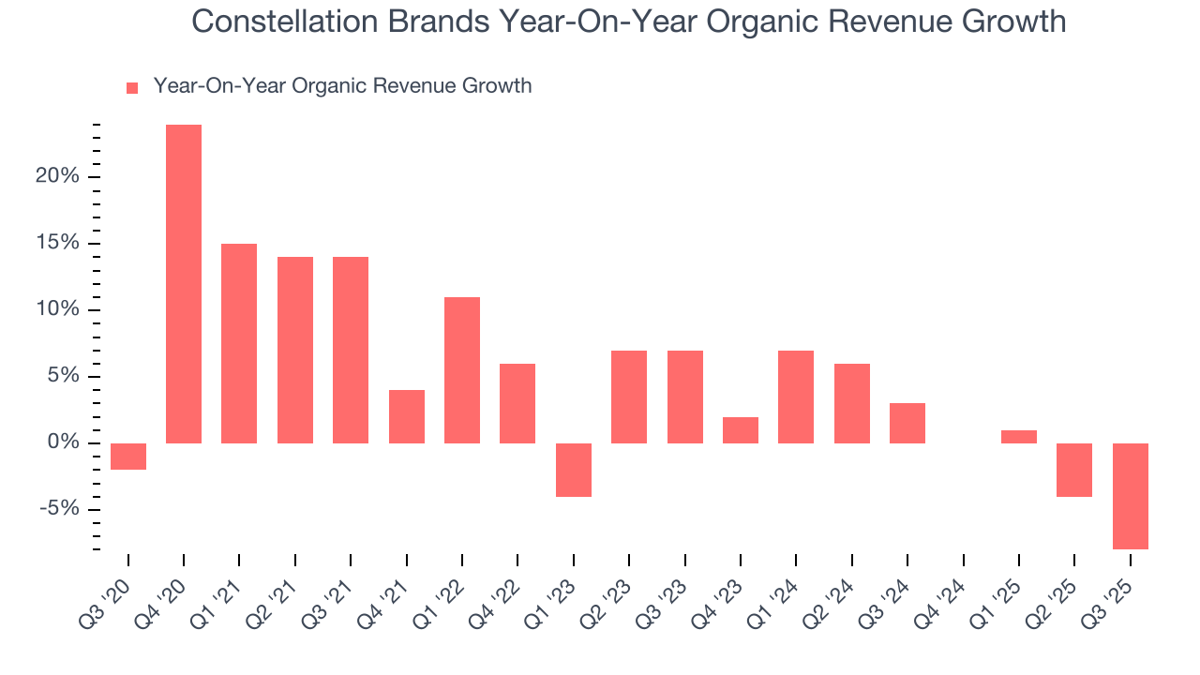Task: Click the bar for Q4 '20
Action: coord(184,283)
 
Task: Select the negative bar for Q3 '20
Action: coord(128,456)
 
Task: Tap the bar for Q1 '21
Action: coord(239,343)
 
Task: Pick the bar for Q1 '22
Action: coord(462,369)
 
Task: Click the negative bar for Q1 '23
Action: coord(574,470)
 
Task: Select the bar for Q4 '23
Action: coord(741,429)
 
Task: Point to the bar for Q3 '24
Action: coord(907,423)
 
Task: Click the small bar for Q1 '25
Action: coord(1019,437)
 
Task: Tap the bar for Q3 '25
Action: coord(1131,496)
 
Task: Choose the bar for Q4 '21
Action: coord(407,416)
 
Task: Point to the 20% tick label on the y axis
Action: coord(59,177)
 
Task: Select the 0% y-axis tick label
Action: coord(65,443)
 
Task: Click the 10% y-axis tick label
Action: coord(59,310)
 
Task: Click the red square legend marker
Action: coord(132,87)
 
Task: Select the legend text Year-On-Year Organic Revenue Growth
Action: coord(342,86)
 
